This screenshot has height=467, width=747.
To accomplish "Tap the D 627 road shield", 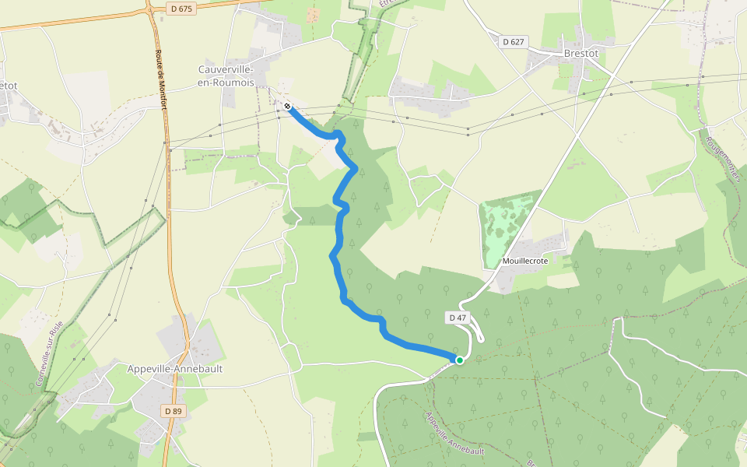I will (512, 41).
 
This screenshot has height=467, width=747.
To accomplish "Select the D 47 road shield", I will (458, 318).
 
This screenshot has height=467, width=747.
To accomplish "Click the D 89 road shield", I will (173, 410).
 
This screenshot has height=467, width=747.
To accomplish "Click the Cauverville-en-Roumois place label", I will (226, 75).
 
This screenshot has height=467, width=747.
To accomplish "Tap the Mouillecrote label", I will (526, 262).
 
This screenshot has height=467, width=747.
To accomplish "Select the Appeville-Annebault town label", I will (175, 369).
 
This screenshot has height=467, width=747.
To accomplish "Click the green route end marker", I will (460, 360).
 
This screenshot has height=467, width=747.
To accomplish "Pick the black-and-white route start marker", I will (287, 106).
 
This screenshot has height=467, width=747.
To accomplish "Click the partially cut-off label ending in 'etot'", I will (8, 85).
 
